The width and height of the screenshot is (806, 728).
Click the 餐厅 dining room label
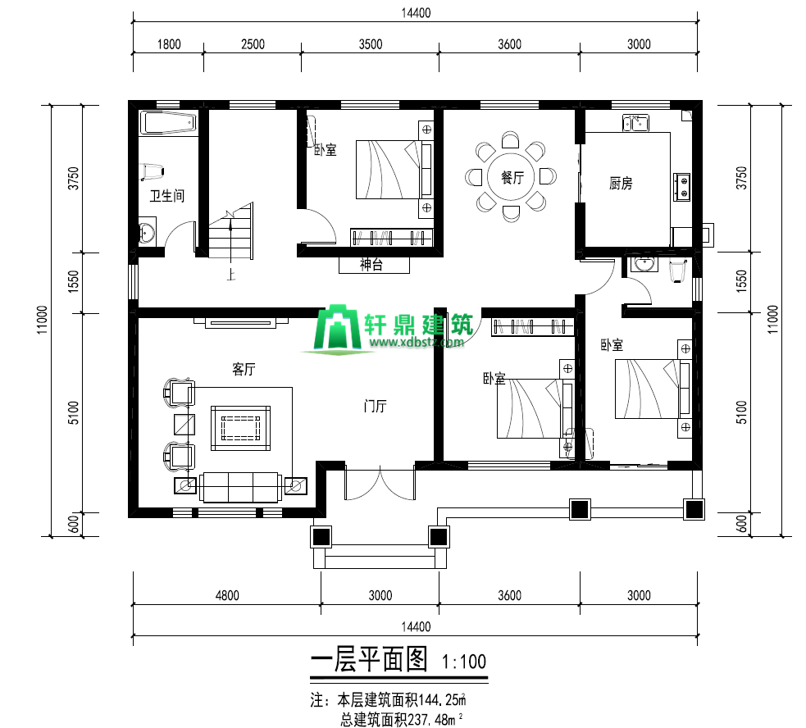pyautogui.click(x=512, y=177)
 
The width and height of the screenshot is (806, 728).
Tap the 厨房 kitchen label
pyautogui.click(x=621, y=183)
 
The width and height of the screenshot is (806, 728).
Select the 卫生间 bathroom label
pyautogui.click(x=166, y=195)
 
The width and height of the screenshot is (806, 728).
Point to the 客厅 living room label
pyautogui.click(x=244, y=369)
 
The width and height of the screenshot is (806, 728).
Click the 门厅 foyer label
pyautogui.click(x=375, y=406)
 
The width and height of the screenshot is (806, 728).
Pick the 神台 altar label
pyautogui.click(x=371, y=265)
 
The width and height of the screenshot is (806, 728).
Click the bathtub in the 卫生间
pyautogui.click(x=169, y=123)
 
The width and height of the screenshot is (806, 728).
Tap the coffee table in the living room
pyautogui.click(x=240, y=428)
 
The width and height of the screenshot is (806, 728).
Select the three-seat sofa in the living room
pyautogui.click(x=240, y=487)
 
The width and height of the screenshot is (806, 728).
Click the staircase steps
pyautogui.click(x=230, y=232)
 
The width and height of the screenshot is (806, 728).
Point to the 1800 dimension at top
pyautogui.click(x=169, y=44)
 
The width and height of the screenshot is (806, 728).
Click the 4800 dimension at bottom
pyautogui.click(x=226, y=595)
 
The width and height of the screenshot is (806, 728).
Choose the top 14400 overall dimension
pyautogui.click(x=416, y=13)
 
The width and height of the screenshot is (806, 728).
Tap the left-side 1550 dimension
pyautogui.click(x=74, y=282)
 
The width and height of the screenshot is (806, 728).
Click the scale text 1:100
pyautogui.click(x=464, y=662)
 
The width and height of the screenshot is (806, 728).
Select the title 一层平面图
pyautogui.click(x=369, y=659)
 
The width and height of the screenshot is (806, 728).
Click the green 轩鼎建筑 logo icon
pyautogui.click(x=337, y=327)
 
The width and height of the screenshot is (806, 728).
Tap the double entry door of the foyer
pyautogui.click(x=380, y=482)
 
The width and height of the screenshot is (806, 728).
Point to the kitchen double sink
pyautogui.click(x=635, y=123)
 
